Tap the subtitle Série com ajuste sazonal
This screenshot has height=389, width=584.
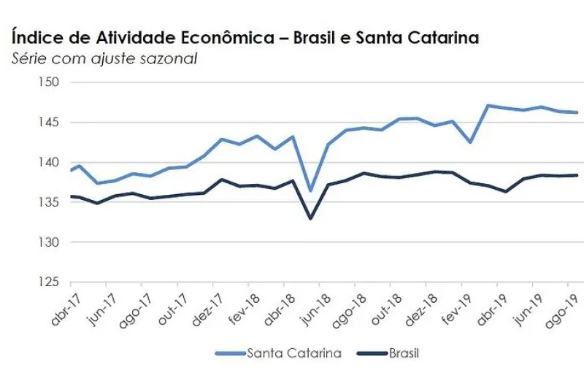click(104, 58)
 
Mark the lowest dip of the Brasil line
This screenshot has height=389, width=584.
click(311, 218)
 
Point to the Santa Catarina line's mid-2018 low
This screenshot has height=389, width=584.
click(311, 190)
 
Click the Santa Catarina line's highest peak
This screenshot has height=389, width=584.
click(488, 106)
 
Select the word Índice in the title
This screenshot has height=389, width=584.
click(34, 37)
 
